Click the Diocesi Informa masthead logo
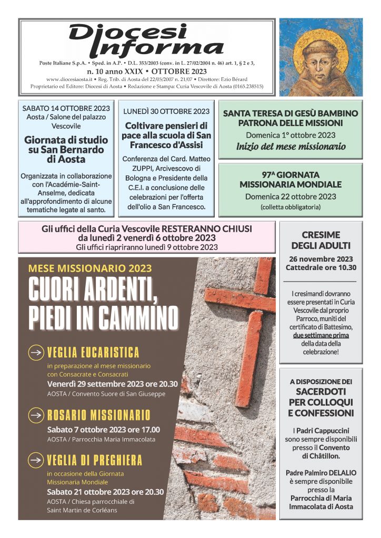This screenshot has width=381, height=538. click(x=146, y=40)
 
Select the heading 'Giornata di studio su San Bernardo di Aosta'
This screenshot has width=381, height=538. click(x=66, y=149)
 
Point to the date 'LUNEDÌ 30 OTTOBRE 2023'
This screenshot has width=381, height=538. click(x=166, y=111)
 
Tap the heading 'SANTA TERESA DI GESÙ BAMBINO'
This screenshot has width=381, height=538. click(x=290, y=113)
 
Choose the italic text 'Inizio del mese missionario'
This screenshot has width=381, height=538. click(x=290, y=146)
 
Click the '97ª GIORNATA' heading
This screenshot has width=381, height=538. click(x=290, y=174)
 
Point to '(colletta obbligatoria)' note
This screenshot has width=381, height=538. click(x=290, y=208)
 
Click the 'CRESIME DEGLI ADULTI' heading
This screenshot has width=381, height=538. click(x=321, y=240)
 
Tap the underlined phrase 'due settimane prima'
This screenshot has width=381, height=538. click(x=321, y=335)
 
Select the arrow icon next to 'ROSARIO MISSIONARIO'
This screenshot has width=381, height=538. click(x=36, y=415)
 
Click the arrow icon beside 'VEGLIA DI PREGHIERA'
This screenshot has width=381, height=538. click(x=36, y=460)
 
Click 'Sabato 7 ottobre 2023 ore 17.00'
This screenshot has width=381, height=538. click(x=103, y=429)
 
